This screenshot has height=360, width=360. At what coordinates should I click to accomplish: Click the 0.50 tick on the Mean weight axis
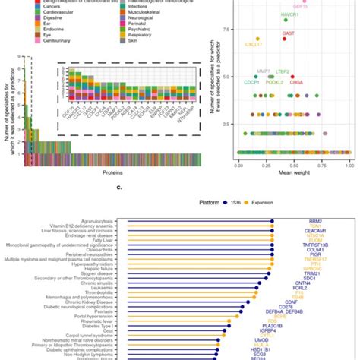[293, 163]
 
